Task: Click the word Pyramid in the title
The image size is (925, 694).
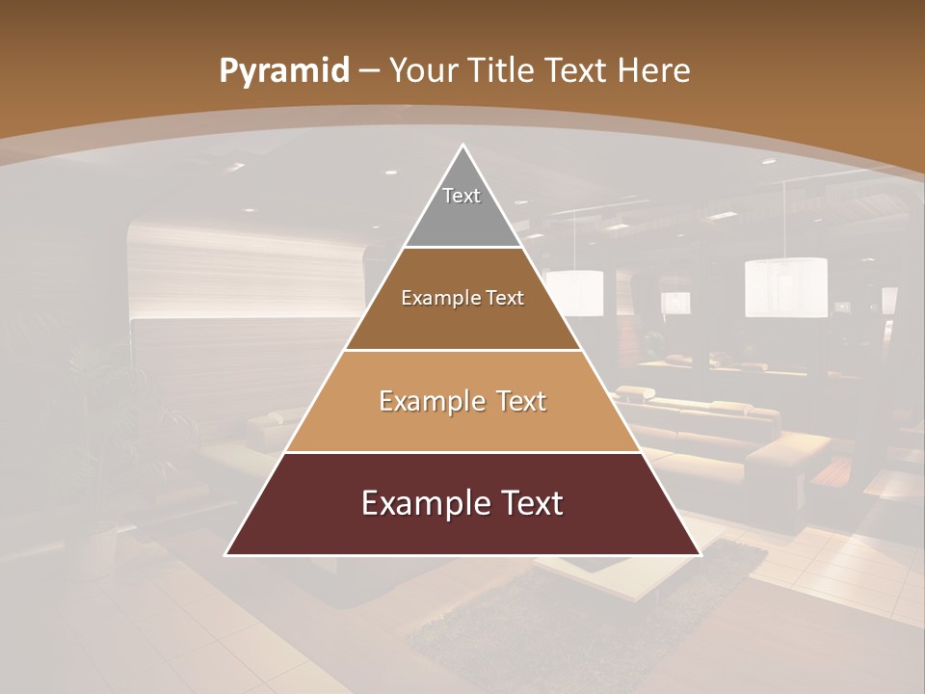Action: (283, 71)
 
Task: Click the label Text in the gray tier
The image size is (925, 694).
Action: (462, 196)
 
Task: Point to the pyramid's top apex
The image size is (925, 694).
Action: (462, 147)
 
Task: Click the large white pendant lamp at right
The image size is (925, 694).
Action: (785, 287)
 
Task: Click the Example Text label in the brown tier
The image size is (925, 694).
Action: (462, 298)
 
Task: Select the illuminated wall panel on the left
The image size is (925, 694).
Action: (246, 275)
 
